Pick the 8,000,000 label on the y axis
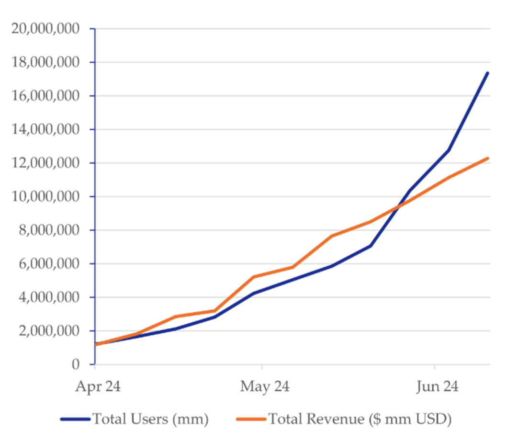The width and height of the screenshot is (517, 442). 48,230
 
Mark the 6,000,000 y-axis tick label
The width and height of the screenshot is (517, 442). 48,264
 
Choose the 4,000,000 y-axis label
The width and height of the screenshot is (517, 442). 48,297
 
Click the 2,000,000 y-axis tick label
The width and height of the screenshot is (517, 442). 48,331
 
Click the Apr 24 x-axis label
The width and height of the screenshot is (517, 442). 98,386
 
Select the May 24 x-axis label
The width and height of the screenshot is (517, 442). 265,386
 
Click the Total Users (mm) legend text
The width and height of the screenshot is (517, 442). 150,419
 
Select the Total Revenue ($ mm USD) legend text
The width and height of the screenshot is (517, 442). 360,419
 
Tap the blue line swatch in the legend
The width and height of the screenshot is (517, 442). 75,419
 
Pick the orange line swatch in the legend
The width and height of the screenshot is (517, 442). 251,419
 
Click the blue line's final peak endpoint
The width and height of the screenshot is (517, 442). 488,73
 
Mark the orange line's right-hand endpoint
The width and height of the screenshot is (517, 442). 488,158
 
